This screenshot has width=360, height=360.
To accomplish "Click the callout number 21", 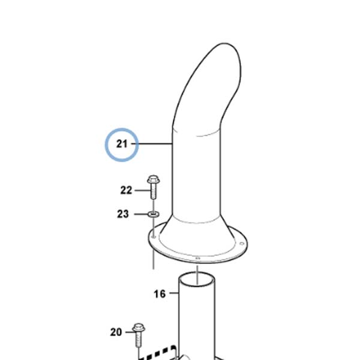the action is pyautogui.click(x=122, y=144).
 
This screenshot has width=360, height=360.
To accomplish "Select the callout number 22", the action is pyautogui.click(x=126, y=190).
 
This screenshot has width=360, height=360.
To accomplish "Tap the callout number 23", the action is pyautogui.click(x=123, y=214).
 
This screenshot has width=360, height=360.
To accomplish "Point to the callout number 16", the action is pyautogui.click(x=160, y=293).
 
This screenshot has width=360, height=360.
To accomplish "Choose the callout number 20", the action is pyautogui.click(x=116, y=332).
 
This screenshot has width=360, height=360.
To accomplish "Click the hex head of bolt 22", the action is pyautogui.click(x=154, y=179).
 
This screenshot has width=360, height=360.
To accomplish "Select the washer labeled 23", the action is pyautogui.click(x=154, y=214).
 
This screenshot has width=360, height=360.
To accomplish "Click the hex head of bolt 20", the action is pyautogui.click(x=139, y=328).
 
